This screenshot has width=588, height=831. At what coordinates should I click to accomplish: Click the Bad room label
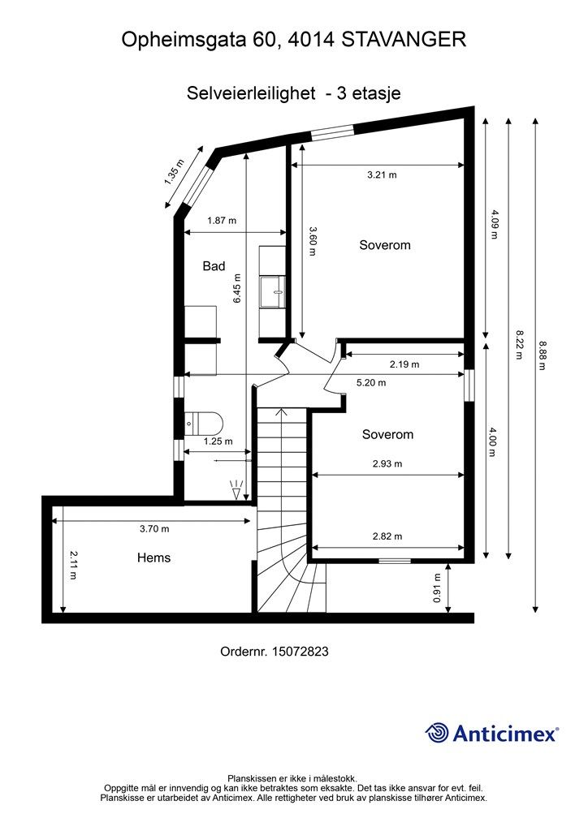click(x=214, y=266)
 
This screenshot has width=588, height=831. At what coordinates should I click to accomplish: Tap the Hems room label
click(x=153, y=558)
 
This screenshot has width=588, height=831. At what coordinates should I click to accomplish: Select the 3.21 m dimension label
click(x=382, y=175)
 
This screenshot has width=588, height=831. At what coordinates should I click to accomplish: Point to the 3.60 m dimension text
click(x=313, y=242)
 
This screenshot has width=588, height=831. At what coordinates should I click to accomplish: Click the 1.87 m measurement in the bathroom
click(x=222, y=221)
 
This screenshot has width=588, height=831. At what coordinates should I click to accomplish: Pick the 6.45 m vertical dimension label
click(x=237, y=288)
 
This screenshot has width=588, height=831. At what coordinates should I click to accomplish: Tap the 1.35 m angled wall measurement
click(x=175, y=172)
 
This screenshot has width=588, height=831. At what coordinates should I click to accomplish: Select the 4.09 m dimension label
click(x=494, y=224)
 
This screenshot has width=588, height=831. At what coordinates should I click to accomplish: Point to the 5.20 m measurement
click(x=371, y=383)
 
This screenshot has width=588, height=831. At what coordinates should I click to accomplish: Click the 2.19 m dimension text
click(x=404, y=364)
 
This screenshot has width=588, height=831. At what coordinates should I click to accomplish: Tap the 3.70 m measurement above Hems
click(x=154, y=528)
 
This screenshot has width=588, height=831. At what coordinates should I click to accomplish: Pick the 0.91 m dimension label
click(x=437, y=588)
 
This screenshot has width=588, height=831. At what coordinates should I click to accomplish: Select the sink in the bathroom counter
click(x=273, y=291)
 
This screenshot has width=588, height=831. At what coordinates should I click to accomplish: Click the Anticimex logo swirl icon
click(x=437, y=733)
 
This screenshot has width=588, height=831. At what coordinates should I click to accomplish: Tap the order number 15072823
click(x=300, y=652)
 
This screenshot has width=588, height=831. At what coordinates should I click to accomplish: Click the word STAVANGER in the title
click(x=404, y=40)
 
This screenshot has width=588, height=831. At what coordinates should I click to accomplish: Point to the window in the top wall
click(x=332, y=132)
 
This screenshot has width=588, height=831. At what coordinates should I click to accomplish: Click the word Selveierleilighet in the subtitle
click(x=251, y=93)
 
